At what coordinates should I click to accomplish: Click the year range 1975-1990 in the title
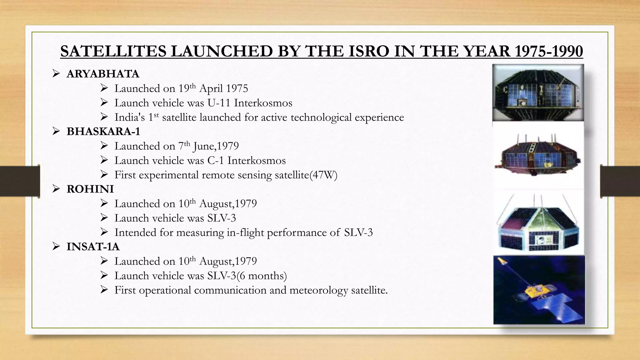548,51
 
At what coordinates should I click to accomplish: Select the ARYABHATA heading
103,74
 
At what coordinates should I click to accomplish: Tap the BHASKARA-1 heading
103,132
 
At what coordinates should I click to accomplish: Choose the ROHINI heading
90,189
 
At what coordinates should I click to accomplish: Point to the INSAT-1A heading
93,247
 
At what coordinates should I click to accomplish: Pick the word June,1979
216,146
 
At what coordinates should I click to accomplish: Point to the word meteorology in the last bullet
318,290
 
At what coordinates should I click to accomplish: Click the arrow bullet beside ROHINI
56,189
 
